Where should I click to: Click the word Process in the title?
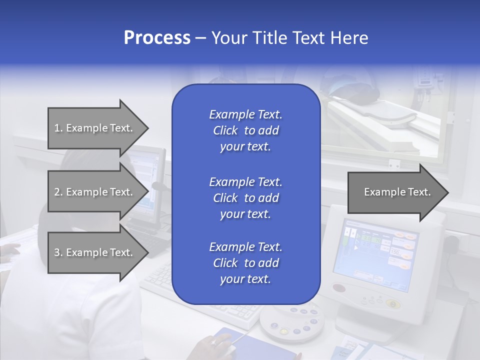tap(157, 38)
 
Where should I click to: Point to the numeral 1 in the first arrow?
tap(57, 128)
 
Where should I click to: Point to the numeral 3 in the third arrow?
tap(57, 252)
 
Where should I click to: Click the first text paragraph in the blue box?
tap(245, 130)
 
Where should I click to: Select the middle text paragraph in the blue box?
tap(245, 197)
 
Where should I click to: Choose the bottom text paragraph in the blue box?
tap(245, 263)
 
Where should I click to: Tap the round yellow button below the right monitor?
tap(393, 303)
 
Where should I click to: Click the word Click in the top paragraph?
tap(225, 130)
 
